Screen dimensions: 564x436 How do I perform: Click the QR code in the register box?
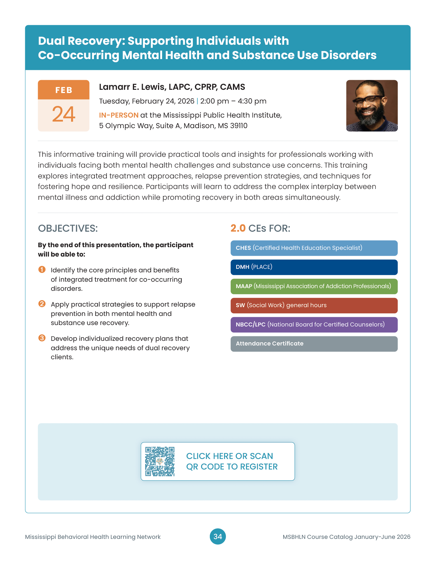(x=160, y=461)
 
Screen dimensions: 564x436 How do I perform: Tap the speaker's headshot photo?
(x=372, y=106)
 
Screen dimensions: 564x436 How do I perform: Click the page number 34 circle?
(x=218, y=537)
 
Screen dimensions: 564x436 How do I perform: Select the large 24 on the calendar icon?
(x=64, y=114)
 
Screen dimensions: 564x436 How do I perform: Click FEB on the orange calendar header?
(x=64, y=90)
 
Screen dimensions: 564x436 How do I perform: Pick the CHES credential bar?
(x=314, y=248)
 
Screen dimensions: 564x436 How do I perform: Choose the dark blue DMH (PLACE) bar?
(x=314, y=267)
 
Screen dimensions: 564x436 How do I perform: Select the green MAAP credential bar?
(x=314, y=286)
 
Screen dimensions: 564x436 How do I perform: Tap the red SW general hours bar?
(x=314, y=305)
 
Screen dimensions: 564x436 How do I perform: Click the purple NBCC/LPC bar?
(x=314, y=325)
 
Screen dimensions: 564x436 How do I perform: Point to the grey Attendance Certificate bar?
(x=314, y=344)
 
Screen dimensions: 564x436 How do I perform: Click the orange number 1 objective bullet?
(x=42, y=269)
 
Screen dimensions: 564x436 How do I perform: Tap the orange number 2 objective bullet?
(x=42, y=304)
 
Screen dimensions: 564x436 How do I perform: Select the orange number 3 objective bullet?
(x=42, y=338)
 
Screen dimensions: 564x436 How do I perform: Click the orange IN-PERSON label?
(x=119, y=115)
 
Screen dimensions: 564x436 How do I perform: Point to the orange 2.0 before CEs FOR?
(x=238, y=228)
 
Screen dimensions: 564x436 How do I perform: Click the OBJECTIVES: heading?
(x=68, y=228)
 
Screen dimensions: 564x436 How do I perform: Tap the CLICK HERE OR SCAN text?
(x=229, y=456)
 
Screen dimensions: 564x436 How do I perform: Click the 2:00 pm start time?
(x=214, y=101)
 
